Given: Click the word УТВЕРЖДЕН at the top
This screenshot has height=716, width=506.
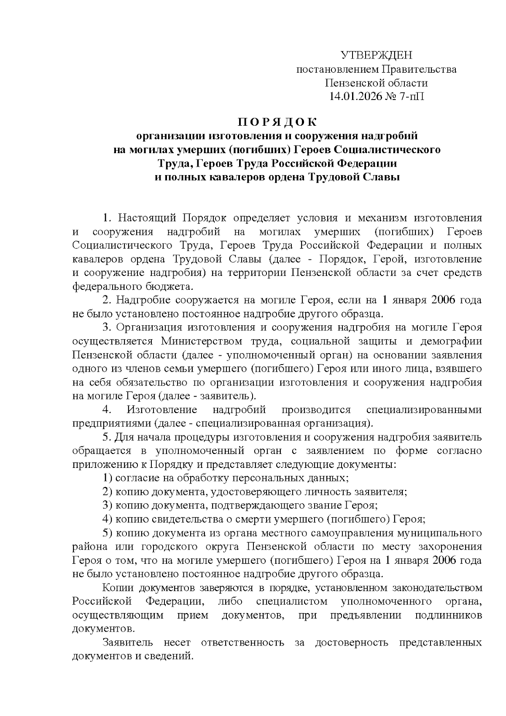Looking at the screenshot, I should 377,55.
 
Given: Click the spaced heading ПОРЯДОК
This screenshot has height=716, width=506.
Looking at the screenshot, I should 277,122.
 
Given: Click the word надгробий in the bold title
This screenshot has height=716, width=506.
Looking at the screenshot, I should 391,136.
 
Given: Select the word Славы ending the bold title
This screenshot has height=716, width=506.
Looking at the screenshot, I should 382,177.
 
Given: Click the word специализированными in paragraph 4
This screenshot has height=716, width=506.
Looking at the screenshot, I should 424,410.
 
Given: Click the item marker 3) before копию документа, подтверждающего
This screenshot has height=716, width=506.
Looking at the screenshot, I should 108,505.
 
